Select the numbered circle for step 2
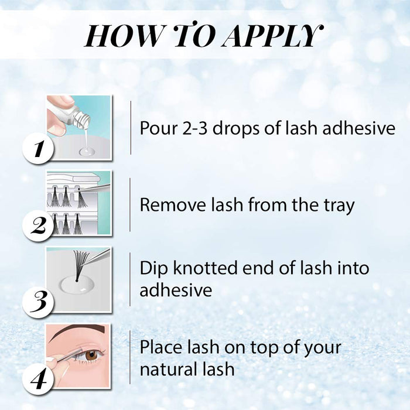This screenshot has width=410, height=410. (x=39, y=225)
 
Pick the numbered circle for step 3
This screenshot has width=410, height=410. (x=39, y=303)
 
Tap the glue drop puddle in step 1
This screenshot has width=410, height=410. (x=87, y=151)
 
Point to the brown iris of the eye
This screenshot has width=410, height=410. (x=91, y=355)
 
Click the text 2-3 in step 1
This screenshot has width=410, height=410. (x=197, y=128)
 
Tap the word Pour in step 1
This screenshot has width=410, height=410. (x=157, y=128)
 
